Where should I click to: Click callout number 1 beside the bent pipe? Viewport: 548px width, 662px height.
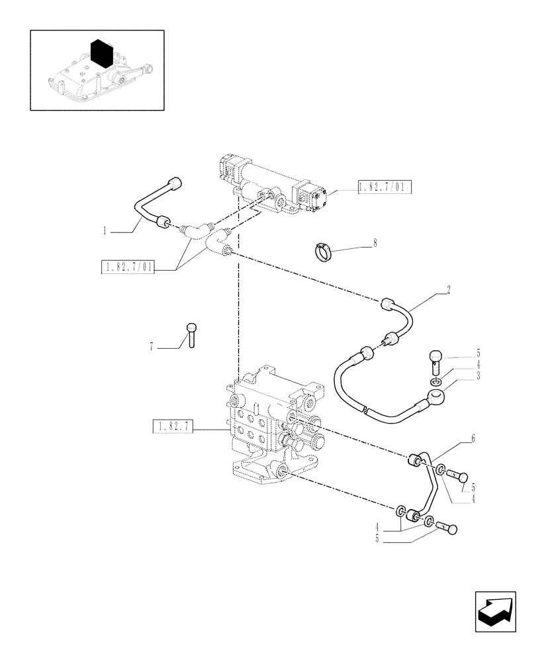click(105, 232)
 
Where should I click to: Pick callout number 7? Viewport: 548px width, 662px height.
click(152, 346)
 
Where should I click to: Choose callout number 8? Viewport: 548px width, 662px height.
click(374, 243)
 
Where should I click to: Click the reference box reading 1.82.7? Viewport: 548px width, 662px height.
click(172, 427)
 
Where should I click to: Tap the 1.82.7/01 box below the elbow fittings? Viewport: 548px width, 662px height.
click(127, 268)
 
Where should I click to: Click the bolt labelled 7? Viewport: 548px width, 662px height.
click(191, 334)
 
